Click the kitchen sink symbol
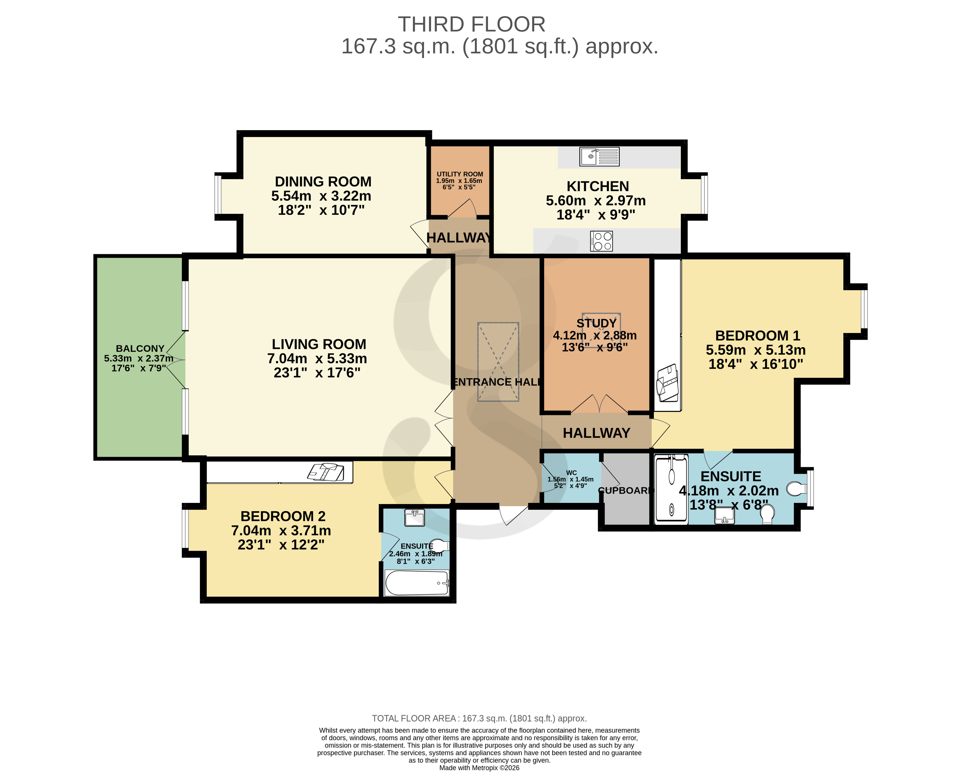599,157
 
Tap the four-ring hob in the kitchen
601,241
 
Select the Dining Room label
323,182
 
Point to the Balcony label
140,348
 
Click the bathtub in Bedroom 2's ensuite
417,583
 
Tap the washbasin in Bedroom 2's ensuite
415,518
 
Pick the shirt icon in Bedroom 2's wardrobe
326,472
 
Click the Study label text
597,323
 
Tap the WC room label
572,473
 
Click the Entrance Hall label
497,382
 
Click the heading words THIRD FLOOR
472,24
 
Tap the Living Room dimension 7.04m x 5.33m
317,358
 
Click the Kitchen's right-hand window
704,195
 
